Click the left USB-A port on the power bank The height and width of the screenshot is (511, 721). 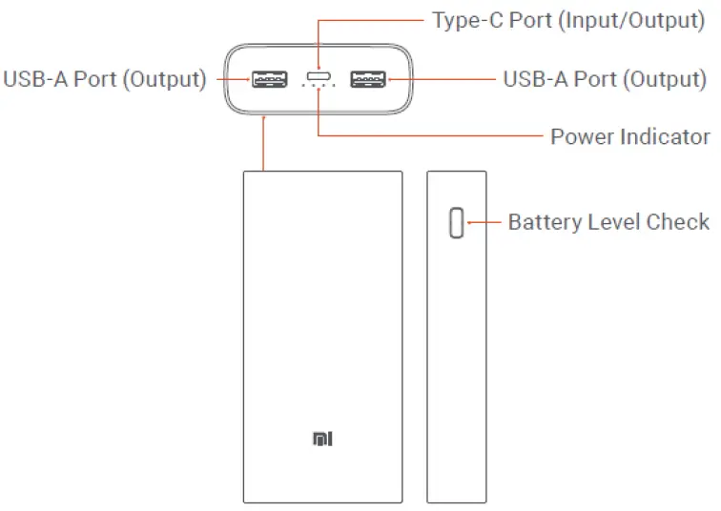270,79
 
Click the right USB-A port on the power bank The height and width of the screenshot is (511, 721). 367,79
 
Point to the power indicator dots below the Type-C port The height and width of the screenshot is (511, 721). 319,86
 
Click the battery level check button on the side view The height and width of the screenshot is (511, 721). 456,223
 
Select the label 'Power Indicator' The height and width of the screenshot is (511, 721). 629,137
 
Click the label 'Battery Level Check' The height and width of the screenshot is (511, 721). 608,223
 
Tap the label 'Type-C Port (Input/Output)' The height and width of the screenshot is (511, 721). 568,20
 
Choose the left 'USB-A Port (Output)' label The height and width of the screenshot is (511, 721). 105,79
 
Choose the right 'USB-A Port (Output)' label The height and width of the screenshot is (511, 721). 605,79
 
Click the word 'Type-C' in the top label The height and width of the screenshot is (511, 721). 463,20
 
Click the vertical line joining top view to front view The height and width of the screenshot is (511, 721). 264,143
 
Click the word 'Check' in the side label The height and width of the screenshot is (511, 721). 678,223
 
